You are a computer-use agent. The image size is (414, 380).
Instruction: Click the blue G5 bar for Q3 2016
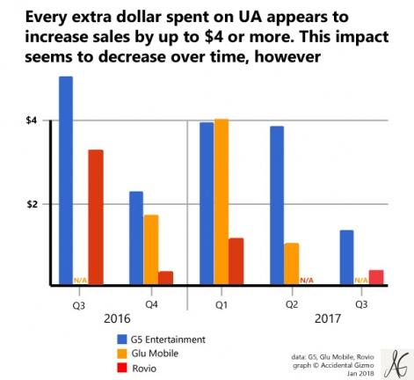click(x=66, y=180)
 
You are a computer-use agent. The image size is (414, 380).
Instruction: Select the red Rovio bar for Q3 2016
click(x=95, y=217)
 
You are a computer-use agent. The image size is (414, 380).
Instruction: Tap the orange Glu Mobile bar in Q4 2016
click(x=151, y=250)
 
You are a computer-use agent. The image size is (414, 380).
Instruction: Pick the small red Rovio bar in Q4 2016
click(x=165, y=278)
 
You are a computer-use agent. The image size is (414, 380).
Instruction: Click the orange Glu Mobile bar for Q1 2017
click(x=222, y=202)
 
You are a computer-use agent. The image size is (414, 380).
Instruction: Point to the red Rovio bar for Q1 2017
click(x=236, y=261)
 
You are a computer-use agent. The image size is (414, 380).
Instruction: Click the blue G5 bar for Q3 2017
click(x=347, y=258)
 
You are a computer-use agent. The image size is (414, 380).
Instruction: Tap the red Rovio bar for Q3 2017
click(x=376, y=277)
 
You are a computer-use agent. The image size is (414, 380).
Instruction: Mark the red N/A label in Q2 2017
click(x=307, y=281)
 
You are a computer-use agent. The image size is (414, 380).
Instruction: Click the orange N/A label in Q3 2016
click(x=81, y=281)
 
